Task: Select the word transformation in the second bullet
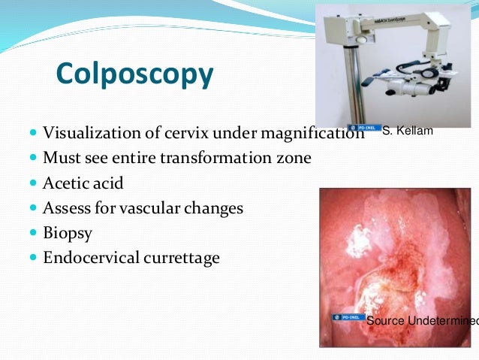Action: [x=222, y=159]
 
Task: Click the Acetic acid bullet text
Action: [x=83, y=183]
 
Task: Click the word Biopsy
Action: [x=68, y=233]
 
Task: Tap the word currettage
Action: [x=182, y=258]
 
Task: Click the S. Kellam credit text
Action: [x=407, y=132]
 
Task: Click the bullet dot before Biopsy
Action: [x=33, y=233]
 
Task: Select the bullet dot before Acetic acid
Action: [x=33, y=183]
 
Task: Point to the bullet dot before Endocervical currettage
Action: [x=33, y=258]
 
